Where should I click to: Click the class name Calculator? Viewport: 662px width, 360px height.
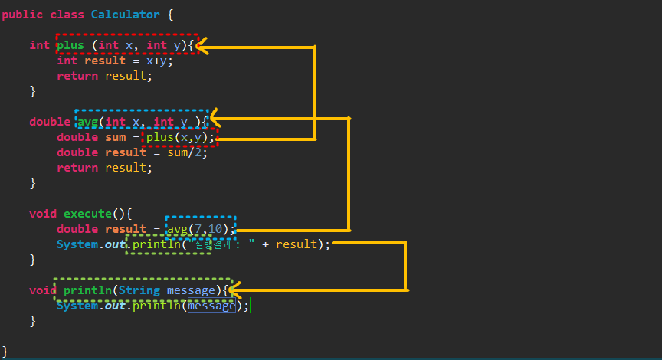126,15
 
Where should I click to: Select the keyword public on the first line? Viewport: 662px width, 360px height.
22,15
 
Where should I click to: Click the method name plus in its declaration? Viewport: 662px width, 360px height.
70,45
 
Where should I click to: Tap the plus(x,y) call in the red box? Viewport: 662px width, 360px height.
181,137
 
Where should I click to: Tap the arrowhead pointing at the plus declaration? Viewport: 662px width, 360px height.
203,47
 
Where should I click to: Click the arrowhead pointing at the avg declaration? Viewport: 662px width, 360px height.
214,118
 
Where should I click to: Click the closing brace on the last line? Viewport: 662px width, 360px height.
5,351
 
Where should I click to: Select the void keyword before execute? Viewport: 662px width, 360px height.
43,214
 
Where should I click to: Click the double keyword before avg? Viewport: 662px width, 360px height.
50,122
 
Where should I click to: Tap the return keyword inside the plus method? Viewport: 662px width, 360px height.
77,76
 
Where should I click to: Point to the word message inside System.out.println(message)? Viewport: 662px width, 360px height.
211,306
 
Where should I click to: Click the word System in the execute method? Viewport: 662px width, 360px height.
77,244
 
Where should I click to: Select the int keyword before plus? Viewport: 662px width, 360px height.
40,45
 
